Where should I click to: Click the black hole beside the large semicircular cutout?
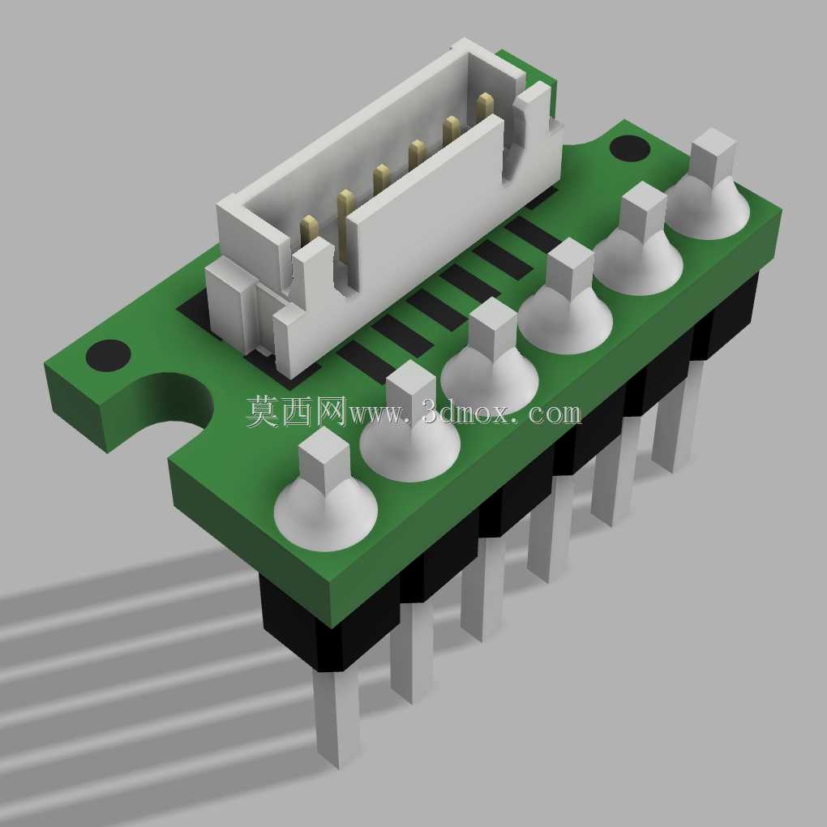coord(108,355)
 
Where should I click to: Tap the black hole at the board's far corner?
coord(630,148)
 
